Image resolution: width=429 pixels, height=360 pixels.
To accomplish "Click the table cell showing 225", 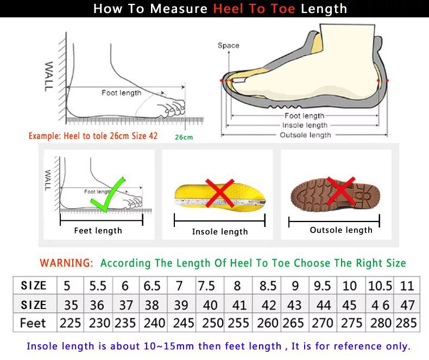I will [71, 323].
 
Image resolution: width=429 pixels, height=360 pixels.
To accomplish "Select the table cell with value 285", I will [406, 323].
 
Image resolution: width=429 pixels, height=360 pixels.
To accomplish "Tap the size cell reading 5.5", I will [97, 286].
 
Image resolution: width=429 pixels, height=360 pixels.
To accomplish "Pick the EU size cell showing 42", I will [268, 304].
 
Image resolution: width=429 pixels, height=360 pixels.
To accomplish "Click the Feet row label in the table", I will [33, 323].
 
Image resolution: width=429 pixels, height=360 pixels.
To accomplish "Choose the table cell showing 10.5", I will [380, 286].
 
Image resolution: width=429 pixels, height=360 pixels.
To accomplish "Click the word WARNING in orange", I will [66, 263].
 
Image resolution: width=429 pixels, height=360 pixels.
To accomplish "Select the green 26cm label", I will [184, 137].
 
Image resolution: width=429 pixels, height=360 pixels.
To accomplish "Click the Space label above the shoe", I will [228, 46].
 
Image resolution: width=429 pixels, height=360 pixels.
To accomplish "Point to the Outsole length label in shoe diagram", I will [305, 135].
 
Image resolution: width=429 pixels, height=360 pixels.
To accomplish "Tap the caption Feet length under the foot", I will [98, 231].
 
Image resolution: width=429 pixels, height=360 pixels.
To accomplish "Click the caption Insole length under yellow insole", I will [220, 232].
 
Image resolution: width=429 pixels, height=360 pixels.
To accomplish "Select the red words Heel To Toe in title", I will [255, 9].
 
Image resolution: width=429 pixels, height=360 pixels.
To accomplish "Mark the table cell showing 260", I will [268, 323].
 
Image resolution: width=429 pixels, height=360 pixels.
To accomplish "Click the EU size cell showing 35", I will [71, 304].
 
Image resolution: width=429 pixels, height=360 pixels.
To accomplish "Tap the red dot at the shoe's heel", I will [387, 80].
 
